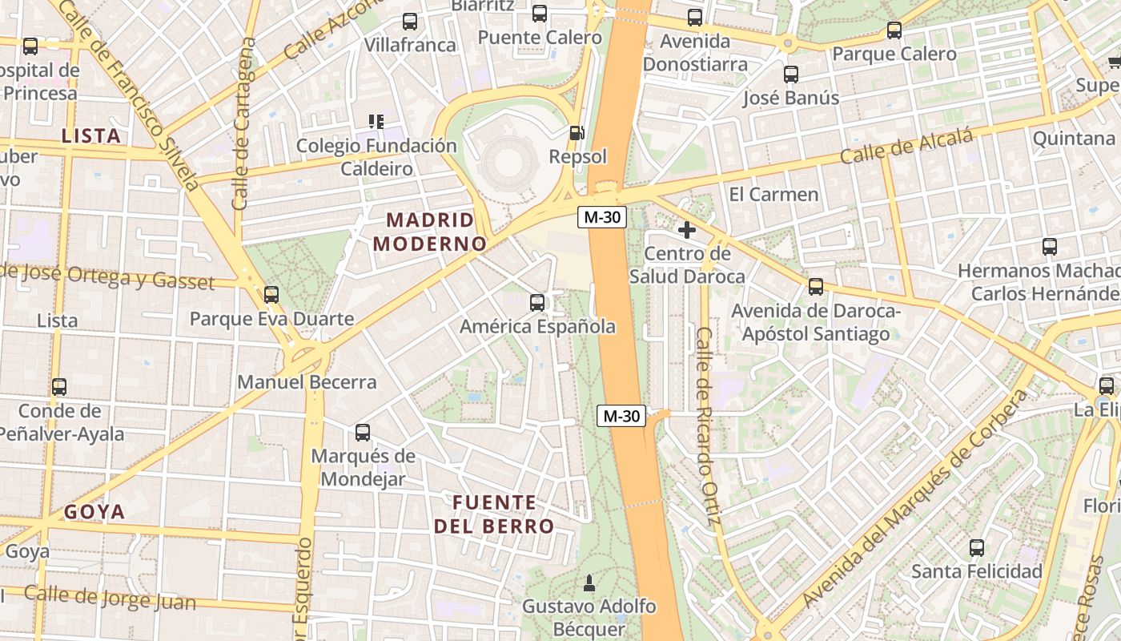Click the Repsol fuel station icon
coord(577,133)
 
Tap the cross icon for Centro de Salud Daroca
coord(686,231)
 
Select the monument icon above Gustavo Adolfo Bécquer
coord(590,581)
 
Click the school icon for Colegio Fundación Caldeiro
coord(376,122)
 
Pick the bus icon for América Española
coord(537,303)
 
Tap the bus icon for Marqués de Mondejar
coord(363,433)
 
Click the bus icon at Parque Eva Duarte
coord(271,294)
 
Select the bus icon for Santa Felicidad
coord(977,548)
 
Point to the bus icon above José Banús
coord(791,75)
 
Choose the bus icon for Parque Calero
coord(894,30)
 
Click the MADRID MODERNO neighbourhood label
coord(431,232)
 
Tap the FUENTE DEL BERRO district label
coord(494,514)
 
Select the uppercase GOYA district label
coord(94,512)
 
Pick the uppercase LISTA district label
coord(91,136)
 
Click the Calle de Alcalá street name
coord(906,147)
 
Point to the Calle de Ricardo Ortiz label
coord(705,426)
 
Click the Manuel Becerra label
coord(307,382)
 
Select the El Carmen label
coord(773,194)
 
